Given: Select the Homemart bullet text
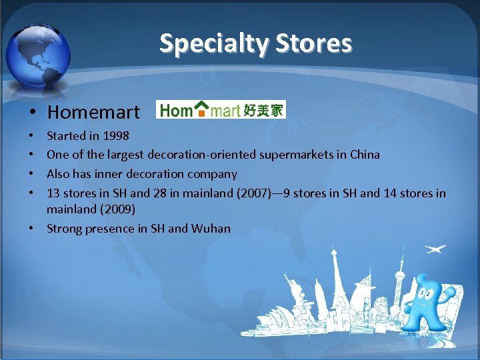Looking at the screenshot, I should point(94,111).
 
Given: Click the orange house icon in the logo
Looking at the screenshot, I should point(200,109).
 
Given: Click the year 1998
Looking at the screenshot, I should point(116,136).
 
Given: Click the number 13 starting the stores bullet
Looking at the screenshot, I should point(53,193).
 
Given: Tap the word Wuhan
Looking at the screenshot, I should point(211,229).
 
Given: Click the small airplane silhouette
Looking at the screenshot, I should point(435,249).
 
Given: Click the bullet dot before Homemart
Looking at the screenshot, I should point(33,112).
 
